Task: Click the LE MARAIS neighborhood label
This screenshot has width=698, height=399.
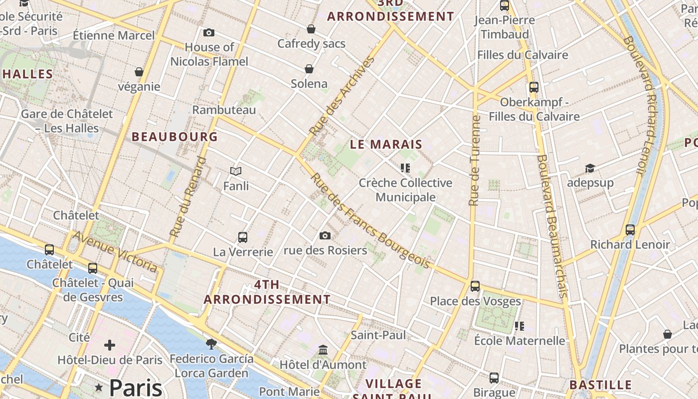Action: pyautogui.click(x=386, y=145)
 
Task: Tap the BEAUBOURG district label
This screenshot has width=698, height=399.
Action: pyautogui.click(x=174, y=137)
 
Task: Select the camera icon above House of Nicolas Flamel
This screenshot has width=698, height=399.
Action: pyautogui.click(x=209, y=33)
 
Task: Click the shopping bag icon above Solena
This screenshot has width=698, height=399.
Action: pyautogui.click(x=309, y=69)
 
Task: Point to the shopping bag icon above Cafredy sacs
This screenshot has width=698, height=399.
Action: pyautogui.click(x=311, y=29)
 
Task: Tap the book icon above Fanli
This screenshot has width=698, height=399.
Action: pyautogui.click(x=236, y=172)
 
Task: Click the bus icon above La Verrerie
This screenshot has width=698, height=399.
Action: pyautogui.click(x=243, y=237)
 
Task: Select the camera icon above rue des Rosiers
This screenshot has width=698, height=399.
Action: pyautogui.click(x=325, y=235)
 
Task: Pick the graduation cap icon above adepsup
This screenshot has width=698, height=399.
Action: pyautogui.click(x=590, y=168)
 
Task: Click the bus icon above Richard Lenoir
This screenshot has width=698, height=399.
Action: pyautogui.click(x=630, y=230)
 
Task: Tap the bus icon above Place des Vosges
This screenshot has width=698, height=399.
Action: pyautogui.click(x=475, y=286)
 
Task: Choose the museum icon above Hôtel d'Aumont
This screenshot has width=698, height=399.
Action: pyautogui.click(x=323, y=350)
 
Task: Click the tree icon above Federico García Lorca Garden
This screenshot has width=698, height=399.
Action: pyautogui.click(x=211, y=344)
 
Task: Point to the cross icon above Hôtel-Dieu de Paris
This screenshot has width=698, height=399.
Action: pyautogui.click(x=110, y=345)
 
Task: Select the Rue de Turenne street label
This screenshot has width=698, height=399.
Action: pyautogui.click(x=475, y=161)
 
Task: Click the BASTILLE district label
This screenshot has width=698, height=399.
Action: pyautogui.click(x=600, y=385)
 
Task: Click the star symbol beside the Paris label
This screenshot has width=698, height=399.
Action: pyautogui.click(x=99, y=388)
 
